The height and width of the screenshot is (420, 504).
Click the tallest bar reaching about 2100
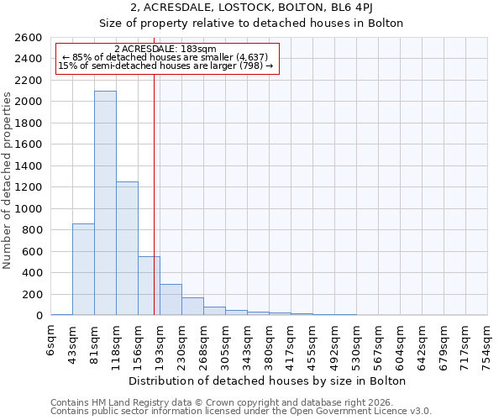pos(105,202)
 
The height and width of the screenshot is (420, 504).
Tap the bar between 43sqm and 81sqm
pos(83,269)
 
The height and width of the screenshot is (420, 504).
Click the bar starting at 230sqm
pos(192,307)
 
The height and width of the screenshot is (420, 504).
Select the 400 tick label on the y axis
pos(34,273)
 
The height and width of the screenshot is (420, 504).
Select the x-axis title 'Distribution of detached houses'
pos(269,381)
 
